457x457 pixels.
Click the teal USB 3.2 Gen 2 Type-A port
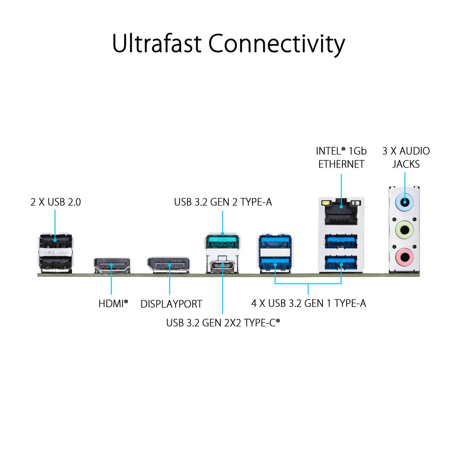pyautogui.click(x=222, y=243)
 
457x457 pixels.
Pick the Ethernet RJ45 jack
pyautogui.click(x=341, y=213)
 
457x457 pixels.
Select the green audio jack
pyautogui.click(x=404, y=230)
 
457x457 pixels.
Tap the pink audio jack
pyautogui.click(x=404, y=256)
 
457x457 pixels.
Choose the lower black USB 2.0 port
pyautogui.click(x=56, y=262)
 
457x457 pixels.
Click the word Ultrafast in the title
pyautogui.click(x=157, y=43)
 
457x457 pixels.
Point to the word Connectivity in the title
pyautogui.click(x=276, y=44)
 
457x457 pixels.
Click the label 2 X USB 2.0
pyautogui.click(x=56, y=202)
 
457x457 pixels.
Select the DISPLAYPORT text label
pyautogui.click(x=171, y=304)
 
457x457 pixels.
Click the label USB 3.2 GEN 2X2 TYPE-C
pyautogui.click(x=223, y=323)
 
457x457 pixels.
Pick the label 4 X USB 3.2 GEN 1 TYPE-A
pyautogui.click(x=308, y=303)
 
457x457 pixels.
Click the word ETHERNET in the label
pyautogui.click(x=341, y=164)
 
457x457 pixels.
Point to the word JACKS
pyautogui.click(x=406, y=164)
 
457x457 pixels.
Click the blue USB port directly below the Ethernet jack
pyautogui.click(x=341, y=242)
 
